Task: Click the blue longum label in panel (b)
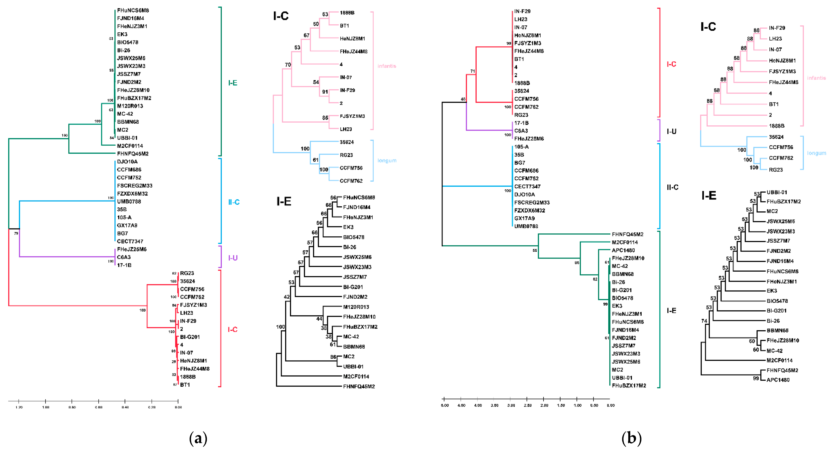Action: click(816, 153)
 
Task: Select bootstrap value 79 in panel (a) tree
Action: click(16, 233)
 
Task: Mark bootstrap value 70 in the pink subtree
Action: click(288, 65)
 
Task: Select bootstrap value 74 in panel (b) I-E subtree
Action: click(704, 321)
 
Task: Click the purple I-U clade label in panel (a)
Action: click(233, 258)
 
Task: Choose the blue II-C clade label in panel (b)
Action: click(672, 187)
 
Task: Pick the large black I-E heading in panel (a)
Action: click(284, 201)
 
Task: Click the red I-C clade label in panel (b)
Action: click(671, 64)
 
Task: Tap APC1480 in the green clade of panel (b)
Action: click(623, 250)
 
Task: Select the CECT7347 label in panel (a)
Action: click(130, 241)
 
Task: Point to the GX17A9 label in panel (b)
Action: click(524, 218)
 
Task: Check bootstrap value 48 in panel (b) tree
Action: click(463, 99)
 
